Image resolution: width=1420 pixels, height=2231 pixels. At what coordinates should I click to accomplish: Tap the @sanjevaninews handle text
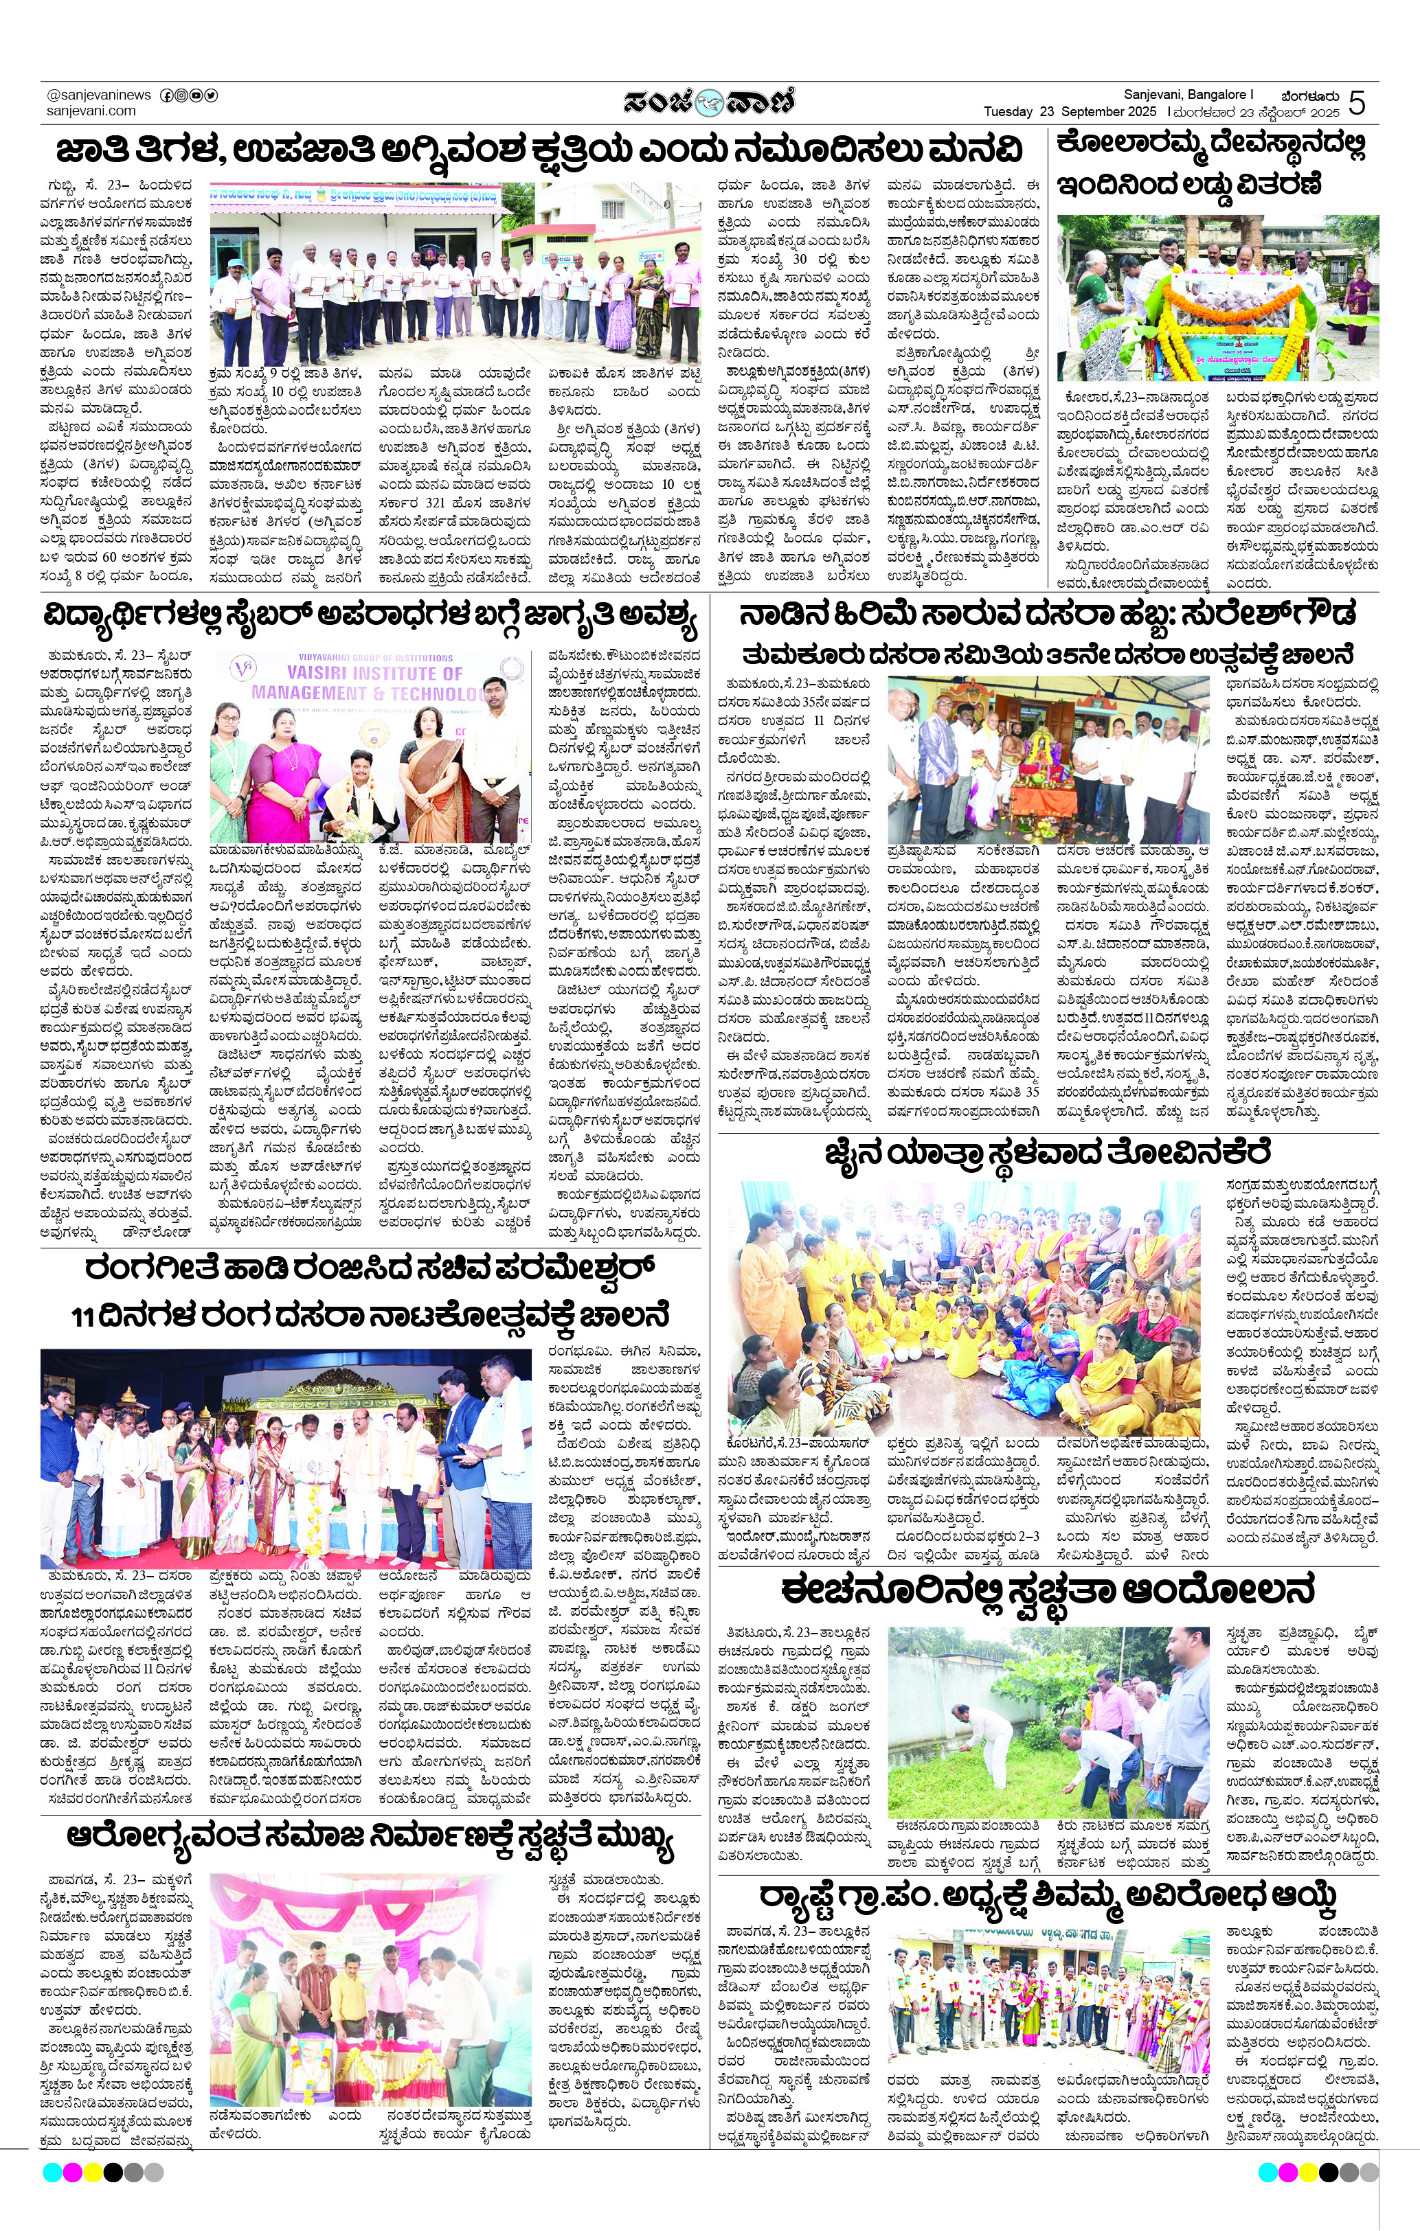pos(98,95)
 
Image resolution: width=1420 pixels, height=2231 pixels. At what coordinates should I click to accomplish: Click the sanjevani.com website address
pos(91,111)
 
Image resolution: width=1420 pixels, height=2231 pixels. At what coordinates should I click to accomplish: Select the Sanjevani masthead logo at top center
pos(709,101)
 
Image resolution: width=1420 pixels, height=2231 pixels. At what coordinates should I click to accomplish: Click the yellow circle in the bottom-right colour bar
pos(1308,2172)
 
